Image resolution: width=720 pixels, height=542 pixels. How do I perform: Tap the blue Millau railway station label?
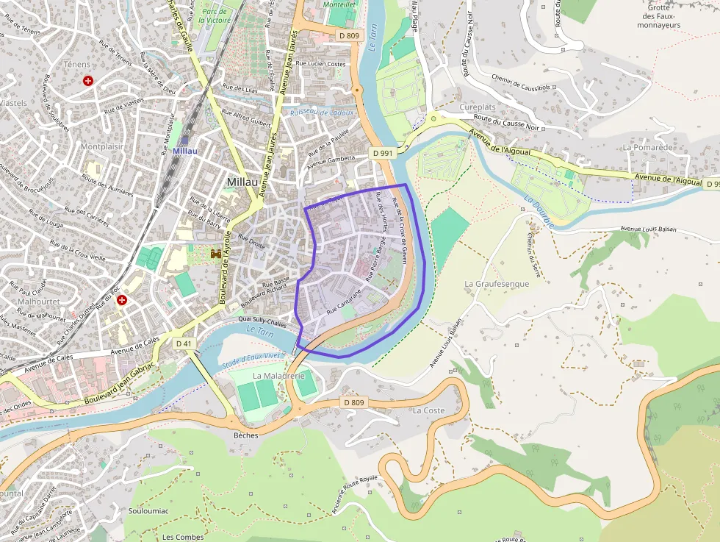coord(185,151)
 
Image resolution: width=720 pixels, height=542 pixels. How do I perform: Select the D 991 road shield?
coord(384,153)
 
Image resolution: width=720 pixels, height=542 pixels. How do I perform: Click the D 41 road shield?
coord(184,343)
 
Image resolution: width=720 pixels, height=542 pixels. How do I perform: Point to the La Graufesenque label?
coord(497,284)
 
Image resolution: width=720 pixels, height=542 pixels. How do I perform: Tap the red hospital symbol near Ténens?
coord(89,81)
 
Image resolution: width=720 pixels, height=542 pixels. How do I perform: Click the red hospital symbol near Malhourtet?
coord(122,300)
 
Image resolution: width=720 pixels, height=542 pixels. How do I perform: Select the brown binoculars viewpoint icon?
coord(217,254)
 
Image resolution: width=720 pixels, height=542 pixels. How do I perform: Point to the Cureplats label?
coord(478,107)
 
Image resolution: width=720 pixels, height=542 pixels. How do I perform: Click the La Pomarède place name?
coord(648,147)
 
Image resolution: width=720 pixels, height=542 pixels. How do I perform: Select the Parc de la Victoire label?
coord(216,16)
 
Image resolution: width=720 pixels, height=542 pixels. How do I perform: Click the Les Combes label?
coord(183,537)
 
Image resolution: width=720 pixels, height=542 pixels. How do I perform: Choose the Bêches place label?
coord(245,435)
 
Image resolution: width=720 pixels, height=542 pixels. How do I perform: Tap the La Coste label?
coord(429,410)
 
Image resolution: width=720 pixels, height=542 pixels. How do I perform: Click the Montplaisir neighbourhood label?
coord(102,146)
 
